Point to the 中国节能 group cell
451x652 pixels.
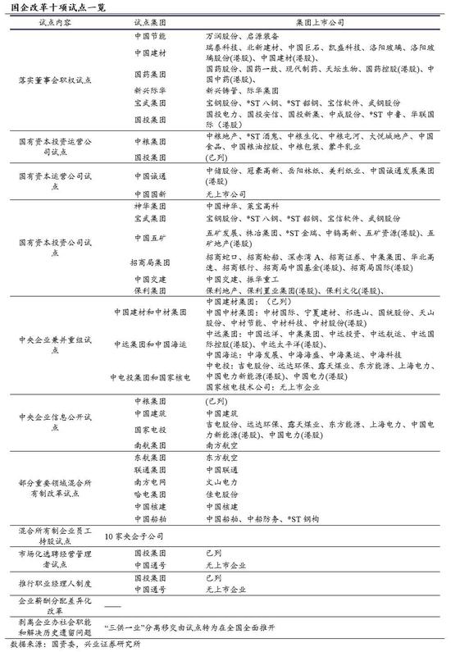[148, 38]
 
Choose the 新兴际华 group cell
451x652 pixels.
[148, 92]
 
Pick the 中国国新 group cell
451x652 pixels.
[148, 194]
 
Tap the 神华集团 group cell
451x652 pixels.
[148, 206]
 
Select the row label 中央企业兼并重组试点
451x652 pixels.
[54, 344]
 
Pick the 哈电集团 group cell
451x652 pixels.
[148, 495]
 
